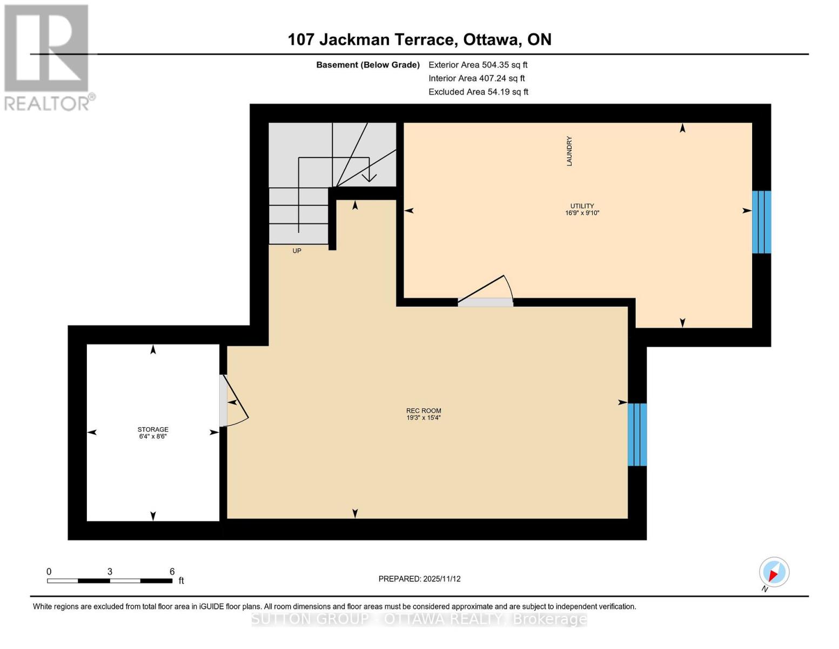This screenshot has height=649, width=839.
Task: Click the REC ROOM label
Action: (x=424, y=410)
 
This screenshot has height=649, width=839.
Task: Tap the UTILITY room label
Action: (x=582, y=206)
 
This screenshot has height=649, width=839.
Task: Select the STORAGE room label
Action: (x=153, y=429)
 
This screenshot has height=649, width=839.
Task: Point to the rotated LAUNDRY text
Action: (x=569, y=151)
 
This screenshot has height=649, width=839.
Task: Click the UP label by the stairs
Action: (x=297, y=251)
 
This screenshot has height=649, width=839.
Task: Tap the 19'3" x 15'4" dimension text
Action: (x=424, y=418)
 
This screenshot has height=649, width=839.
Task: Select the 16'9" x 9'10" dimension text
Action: (x=582, y=213)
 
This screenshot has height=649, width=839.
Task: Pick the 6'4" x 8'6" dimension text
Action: (x=153, y=436)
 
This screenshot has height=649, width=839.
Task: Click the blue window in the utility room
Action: (x=761, y=222)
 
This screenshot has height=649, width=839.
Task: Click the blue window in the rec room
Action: (x=637, y=434)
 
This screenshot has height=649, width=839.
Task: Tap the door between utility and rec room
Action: (x=485, y=302)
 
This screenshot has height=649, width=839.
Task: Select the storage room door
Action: (x=223, y=400)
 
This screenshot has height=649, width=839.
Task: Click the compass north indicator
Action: (x=774, y=573)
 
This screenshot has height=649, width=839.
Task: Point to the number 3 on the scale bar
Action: (x=110, y=572)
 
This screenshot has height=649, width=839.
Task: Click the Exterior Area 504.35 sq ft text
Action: (x=478, y=65)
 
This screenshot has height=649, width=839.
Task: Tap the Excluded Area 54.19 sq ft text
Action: (x=478, y=92)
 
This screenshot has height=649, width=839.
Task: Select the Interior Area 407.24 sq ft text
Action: (x=476, y=78)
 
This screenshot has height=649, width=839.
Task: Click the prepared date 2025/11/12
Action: (x=441, y=579)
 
